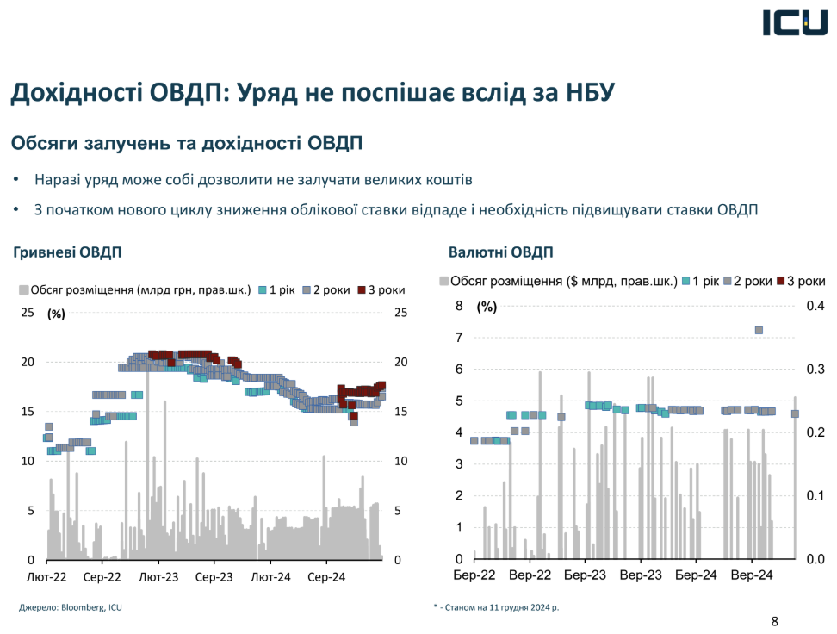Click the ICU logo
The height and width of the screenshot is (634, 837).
click(x=793, y=22)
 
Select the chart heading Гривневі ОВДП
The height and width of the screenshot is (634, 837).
click(x=67, y=252)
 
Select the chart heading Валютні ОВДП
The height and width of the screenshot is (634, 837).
click(x=500, y=252)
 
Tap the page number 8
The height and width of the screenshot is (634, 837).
click(x=773, y=620)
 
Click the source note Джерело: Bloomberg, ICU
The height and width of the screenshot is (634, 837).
click(x=71, y=607)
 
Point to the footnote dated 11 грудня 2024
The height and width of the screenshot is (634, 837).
click(x=496, y=607)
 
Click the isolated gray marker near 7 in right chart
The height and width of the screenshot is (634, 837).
click(x=759, y=330)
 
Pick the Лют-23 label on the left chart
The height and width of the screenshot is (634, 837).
click(x=159, y=576)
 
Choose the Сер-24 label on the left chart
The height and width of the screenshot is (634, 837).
click(x=326, y=576)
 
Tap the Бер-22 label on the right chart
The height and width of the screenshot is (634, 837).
click(x=474, y=576)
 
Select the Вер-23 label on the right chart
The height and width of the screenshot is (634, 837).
click(x=641, y=576)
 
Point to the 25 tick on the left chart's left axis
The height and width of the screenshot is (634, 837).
click(x=28, y=313)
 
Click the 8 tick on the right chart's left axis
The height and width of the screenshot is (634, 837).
click(x=459, y=306)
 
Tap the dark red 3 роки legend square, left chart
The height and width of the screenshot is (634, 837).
click(x=361, y=289)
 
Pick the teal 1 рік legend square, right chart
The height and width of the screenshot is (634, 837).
click(x=686, y=281)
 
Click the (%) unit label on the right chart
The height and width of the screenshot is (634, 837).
click(x=487, y=307)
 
